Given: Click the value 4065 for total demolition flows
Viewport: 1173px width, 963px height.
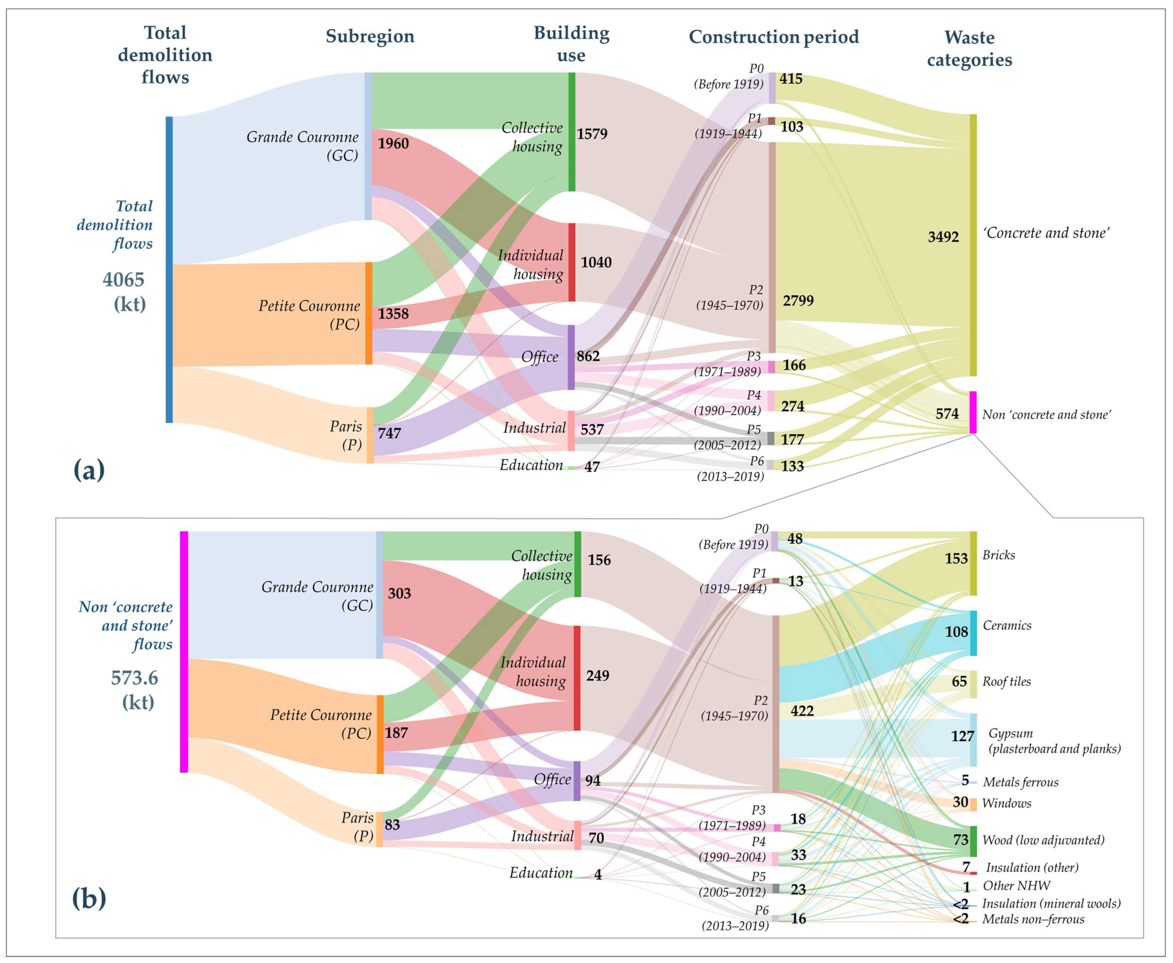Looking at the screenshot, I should click(x=123, y=279).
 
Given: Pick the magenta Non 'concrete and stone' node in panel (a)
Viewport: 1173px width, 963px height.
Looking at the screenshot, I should click(x=973, y=412).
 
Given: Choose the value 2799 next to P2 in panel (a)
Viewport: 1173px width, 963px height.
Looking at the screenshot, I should click(x=798, y=301).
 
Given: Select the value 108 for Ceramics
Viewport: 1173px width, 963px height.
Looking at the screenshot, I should click(x=956, y=632).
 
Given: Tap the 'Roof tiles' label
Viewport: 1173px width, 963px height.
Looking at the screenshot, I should click(x=1006, y=682).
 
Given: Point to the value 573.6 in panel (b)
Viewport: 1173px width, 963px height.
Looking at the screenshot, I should click(x=134, y=678).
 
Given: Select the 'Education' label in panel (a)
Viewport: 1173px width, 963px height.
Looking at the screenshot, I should click(x=531, y=465).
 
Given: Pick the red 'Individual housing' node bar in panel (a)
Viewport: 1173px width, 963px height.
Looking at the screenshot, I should click(x=572, y=262).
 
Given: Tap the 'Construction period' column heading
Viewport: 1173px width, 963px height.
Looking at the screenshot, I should click(x=773, y=37).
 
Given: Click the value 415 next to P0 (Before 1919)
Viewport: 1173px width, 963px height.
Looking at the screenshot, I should click(x=791, y=79).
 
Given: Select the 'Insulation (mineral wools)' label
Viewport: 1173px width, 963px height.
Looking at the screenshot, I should click(x=1051, y=903).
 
